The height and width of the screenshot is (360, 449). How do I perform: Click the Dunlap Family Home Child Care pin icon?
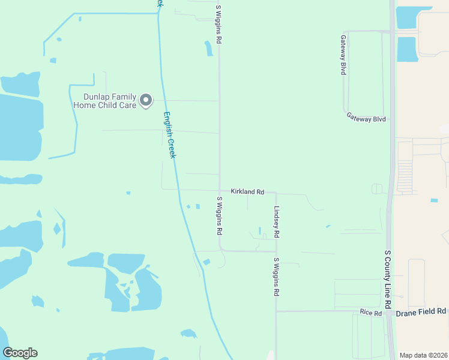pos(146,101)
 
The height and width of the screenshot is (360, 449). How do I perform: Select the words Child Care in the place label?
pos(118,106)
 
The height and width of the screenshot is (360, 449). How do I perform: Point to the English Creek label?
pos(170,135)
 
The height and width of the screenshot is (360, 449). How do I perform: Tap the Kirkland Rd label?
pos(247,191)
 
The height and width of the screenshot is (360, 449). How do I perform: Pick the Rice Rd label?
pos(371,313)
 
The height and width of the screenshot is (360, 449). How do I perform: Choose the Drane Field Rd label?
pos(426,311)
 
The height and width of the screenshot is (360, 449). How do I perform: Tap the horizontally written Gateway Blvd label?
pos(366,119)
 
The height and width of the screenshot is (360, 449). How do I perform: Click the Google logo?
pos(20,353)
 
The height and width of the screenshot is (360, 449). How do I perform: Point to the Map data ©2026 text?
pos(423,355)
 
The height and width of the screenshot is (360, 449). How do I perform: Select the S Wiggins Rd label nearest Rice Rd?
pos(277,277)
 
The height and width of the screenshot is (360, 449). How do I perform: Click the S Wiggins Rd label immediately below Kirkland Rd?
pos(220,215)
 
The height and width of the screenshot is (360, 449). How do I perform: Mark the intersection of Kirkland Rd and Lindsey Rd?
pos(276,193)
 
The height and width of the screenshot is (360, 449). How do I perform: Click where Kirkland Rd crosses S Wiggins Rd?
pos(220,190)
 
